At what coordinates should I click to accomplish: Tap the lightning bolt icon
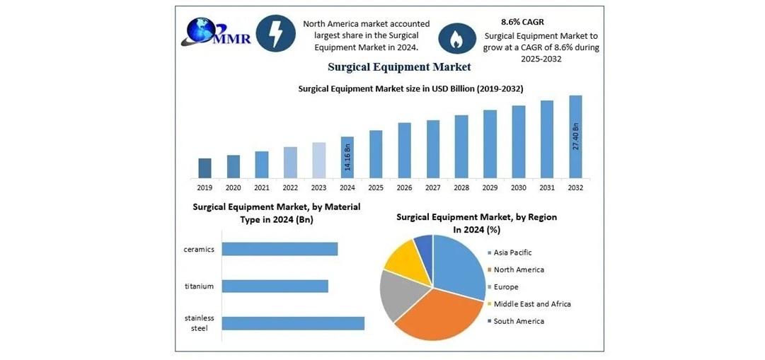[x=275, y=33]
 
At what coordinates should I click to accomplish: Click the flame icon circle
[x=457, y=39]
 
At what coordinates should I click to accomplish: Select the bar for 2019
[x=205, y=168]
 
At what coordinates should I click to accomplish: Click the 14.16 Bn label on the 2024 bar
[x=347, y=157]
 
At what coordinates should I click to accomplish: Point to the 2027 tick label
[x=433, y=187]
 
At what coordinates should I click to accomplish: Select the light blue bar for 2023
[x=319, y=160]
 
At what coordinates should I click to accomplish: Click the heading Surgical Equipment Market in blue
[x=399, y=67]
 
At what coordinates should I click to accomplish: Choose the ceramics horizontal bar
[x=280, y=249]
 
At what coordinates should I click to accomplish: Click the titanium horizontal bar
[x=275, y=286]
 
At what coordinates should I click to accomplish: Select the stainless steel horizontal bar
[x=293, y=323]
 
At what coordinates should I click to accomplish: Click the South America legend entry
[x=518, y=321]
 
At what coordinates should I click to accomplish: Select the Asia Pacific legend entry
[x=512, y=252]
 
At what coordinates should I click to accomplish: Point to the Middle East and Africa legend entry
[x=531, y=304]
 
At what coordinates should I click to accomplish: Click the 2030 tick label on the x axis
[x=519, y=187]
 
